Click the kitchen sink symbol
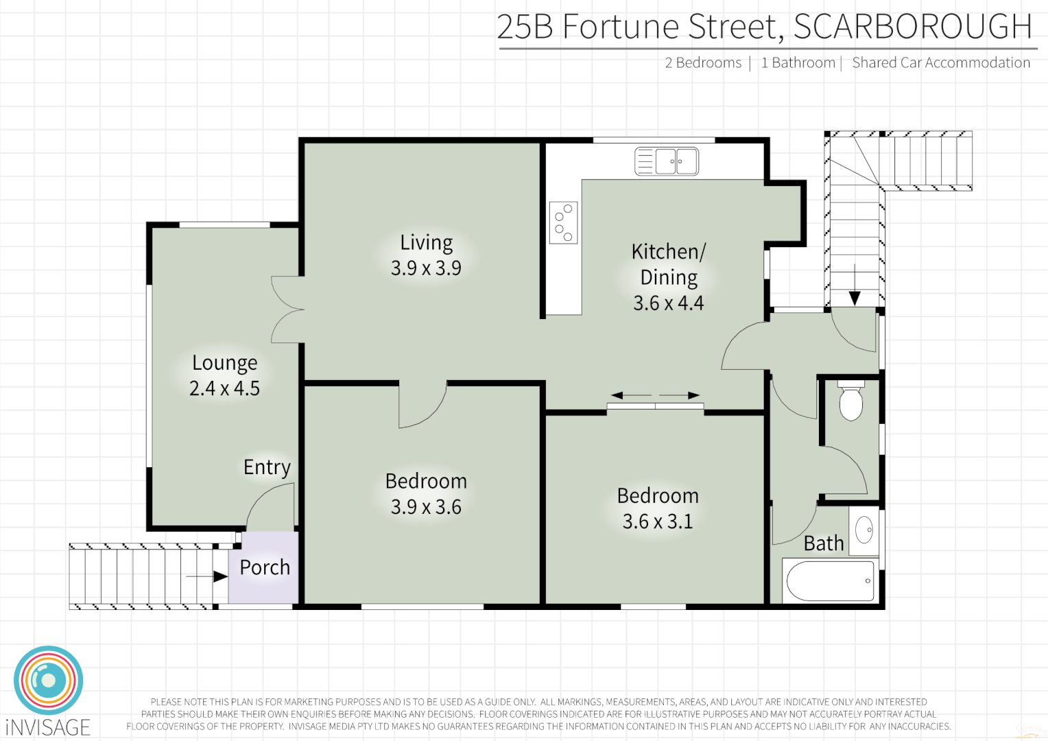click(x=666, y=162)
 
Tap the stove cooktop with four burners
click(x=563, y=223)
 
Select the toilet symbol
click(x=850, y=401)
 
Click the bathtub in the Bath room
click(x=831, y=581)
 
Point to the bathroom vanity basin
click(x=864, y=530)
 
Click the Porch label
click(x=265, y=567)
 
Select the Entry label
click(x=267, y=467)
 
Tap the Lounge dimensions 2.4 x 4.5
click(x=224, y=388)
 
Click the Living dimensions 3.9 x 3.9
click(x=426, y=268)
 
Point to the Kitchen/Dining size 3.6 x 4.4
click(x=668, y=303)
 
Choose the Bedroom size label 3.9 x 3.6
click(x=426, y=507)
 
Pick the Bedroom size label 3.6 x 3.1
click(x=657, y=521)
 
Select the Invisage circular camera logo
click(x=48, y=681)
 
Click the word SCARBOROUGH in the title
click(x=912, y=27)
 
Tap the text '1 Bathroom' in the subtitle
click(x=798, y=63)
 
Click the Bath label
click(x=823, y=543)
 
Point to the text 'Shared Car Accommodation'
click(x=940, y=63)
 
